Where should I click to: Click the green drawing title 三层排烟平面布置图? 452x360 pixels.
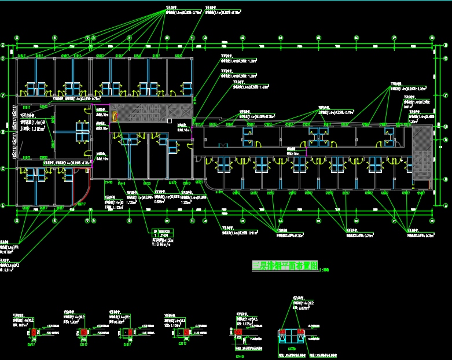[285, 266]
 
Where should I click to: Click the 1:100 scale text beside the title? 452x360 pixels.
[324, 269]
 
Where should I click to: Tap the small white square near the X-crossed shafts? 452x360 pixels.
[168, 120]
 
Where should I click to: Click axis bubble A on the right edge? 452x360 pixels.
[447, 205]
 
